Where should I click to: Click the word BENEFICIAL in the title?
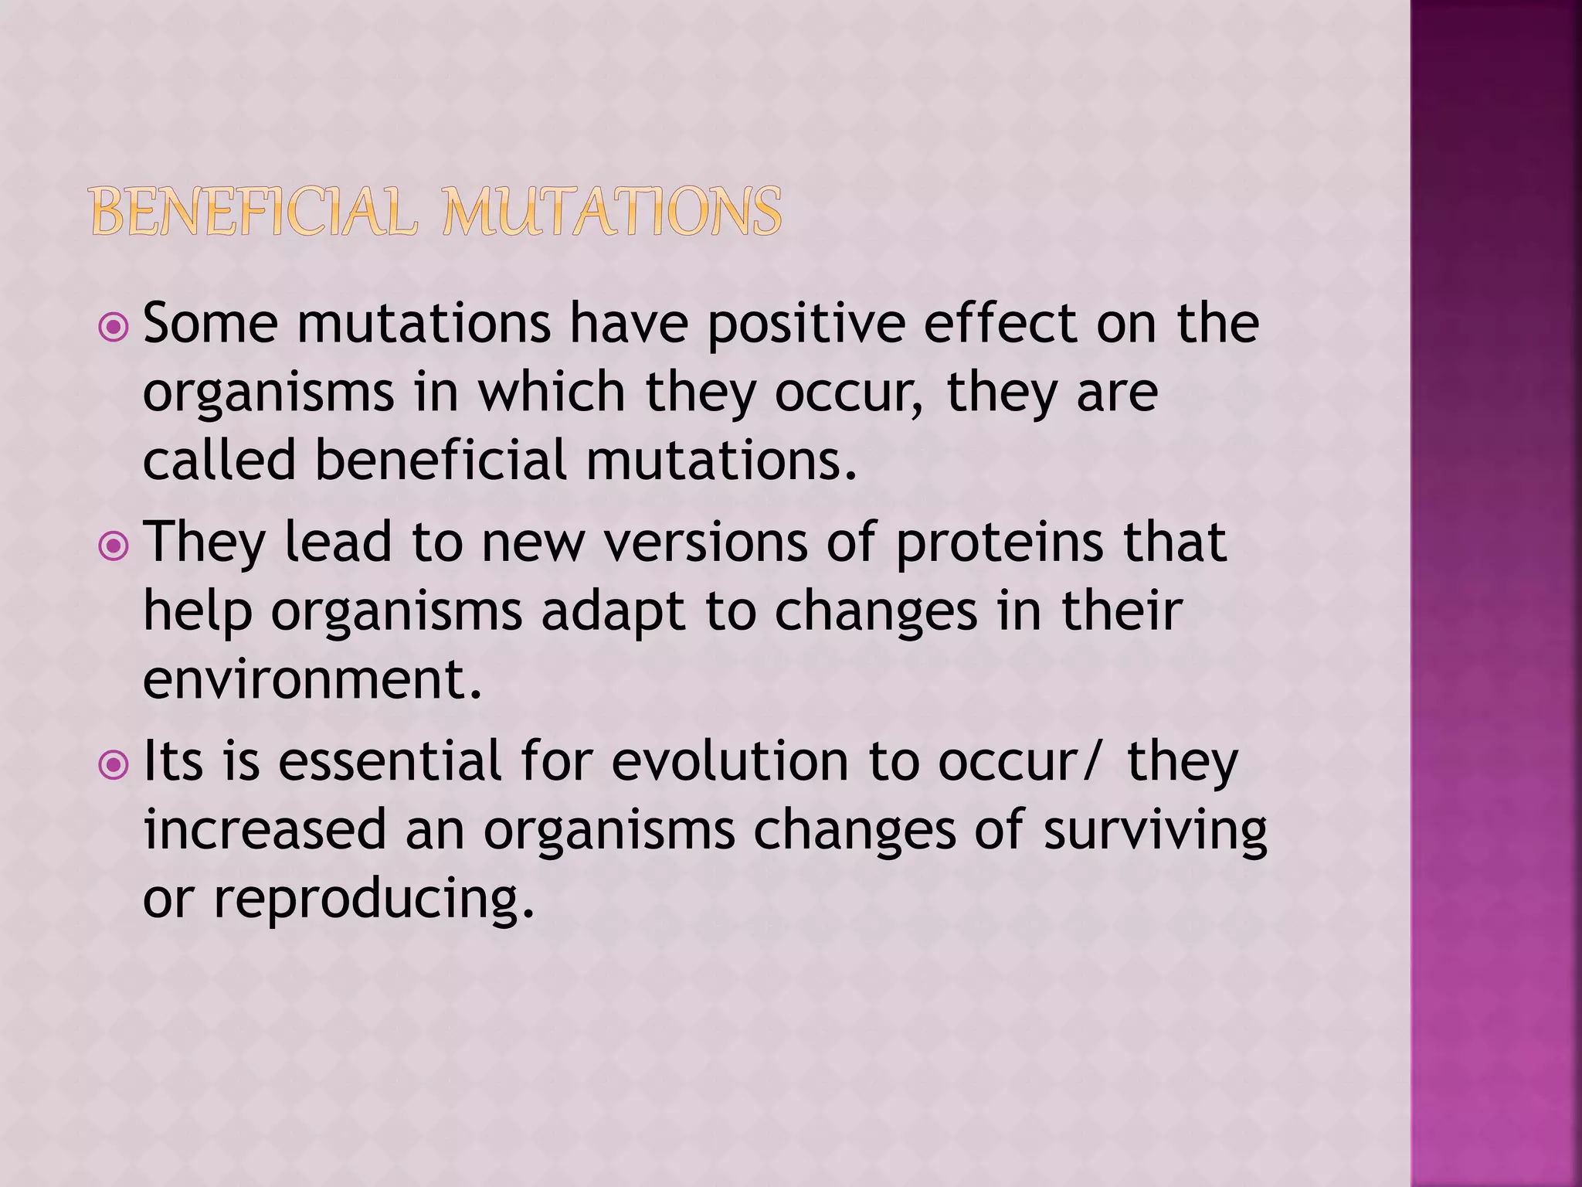253,212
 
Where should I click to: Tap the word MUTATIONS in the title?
612,212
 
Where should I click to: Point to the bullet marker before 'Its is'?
114,766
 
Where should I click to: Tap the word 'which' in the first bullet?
552,392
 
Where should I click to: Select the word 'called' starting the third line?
219,460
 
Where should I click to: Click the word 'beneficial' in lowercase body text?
440,460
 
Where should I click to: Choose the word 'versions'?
705,542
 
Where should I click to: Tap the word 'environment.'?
312,679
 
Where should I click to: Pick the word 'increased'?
264,830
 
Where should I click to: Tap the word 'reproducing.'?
374,900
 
